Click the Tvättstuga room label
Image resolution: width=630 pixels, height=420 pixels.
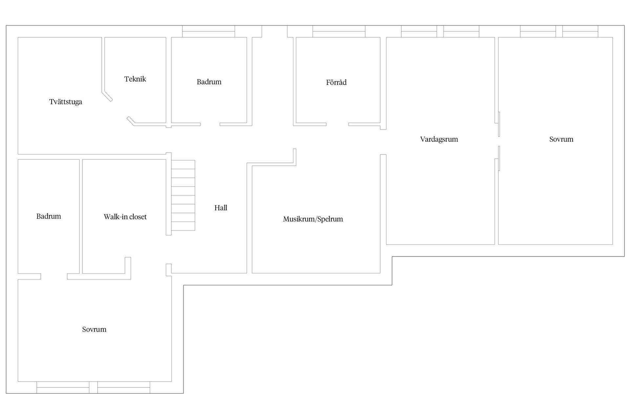coord(66,102)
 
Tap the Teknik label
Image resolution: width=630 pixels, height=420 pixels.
coord(135,79)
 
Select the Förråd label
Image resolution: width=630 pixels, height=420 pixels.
coord(336,82)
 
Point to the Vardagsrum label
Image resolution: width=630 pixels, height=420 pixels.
coord(439,139)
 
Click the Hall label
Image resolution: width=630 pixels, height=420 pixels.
coord(221,208)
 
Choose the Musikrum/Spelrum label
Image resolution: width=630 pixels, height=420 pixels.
coord(313,219)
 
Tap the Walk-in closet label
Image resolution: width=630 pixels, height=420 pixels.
coord(125,217)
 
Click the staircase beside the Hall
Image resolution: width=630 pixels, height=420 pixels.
coord(183,195)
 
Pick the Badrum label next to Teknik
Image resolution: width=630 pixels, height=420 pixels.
coord(209,82)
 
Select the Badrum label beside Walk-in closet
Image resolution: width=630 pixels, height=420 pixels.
coord(49,216)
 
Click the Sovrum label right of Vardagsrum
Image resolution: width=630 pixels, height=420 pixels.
coord(561,139)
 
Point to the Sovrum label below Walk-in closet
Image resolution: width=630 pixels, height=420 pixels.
coord(94,329)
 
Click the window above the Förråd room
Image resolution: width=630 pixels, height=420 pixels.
coord(339,31)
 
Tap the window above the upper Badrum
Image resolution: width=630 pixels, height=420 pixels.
coord(209,31)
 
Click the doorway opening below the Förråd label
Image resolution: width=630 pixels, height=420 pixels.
coord(337,124)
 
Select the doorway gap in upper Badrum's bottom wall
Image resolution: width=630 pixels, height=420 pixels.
coord(210,124)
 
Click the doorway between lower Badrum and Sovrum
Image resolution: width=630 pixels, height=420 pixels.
coord(54,276)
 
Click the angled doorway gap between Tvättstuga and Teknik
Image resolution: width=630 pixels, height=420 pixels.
coord(120,108)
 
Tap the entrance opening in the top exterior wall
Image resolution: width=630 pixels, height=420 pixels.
coord(275,31)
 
